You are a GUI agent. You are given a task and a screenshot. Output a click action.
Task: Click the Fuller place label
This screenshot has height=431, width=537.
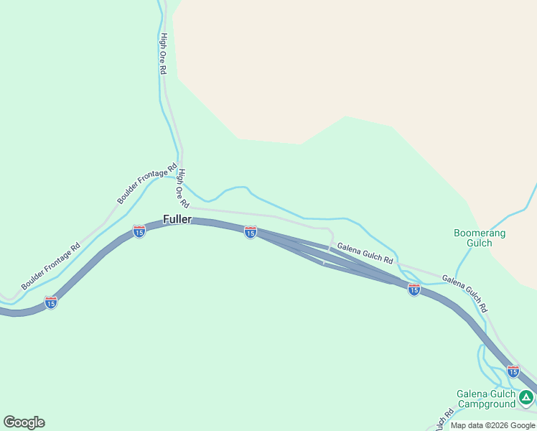tap(177, 219)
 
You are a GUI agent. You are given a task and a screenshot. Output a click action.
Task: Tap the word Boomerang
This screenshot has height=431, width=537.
tap(480, 233)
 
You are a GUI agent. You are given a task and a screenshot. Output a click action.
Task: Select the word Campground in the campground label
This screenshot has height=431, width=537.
tap(487, 404)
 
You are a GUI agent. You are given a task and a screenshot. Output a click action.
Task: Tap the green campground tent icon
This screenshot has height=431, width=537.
tap(526, 397)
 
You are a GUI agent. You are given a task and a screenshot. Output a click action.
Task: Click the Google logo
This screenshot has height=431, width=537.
tap(24, 422)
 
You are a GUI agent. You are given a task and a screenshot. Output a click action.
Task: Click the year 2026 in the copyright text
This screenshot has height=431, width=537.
tap(505, 426)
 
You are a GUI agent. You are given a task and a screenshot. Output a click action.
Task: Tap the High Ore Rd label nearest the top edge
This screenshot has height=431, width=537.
tap(164, 54)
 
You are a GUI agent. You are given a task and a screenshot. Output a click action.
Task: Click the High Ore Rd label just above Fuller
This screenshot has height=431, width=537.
tap(183, 186)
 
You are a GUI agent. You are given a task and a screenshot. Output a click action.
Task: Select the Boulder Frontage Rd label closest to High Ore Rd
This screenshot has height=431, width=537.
tap(147, 185)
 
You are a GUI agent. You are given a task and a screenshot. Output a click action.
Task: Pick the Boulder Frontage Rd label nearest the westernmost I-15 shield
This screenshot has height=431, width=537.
tap(50, 267)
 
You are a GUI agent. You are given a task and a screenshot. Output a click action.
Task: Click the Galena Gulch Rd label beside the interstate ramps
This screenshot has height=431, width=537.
tap(365, 253)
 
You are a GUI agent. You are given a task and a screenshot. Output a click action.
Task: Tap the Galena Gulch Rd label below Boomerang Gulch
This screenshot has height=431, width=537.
tap(464, 293)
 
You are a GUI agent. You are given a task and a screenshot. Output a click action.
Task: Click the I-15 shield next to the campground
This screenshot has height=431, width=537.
tap(513, 371)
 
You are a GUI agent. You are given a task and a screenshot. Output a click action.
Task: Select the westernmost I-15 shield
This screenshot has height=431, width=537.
tap(50, 302)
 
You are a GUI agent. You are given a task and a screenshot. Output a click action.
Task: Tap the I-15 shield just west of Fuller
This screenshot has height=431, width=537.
tap(139, 231)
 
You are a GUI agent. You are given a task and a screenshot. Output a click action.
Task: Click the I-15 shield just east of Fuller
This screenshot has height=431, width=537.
tap(250, 231)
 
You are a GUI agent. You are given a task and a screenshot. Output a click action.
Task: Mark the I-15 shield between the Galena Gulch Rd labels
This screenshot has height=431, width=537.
tap(414, 289)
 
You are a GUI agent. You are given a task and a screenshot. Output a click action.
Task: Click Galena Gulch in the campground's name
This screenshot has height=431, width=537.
tap(486, 394)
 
